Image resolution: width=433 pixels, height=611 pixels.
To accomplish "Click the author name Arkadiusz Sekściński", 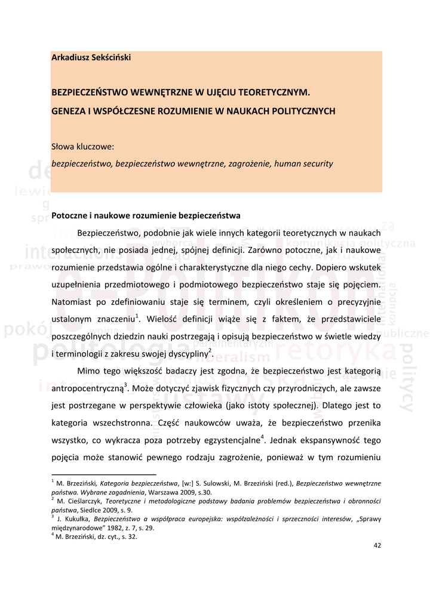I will [x=91, y=58].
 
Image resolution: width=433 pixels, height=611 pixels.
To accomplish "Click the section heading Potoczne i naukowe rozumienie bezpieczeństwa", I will [x=146, y=215].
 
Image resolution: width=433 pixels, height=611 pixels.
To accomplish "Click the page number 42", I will [x=377, y=545].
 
